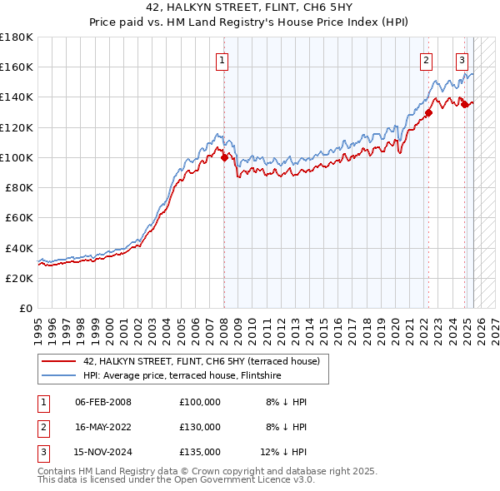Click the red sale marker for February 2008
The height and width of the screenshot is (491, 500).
[x=224, y=157]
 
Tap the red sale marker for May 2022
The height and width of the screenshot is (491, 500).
[x=427, y=112]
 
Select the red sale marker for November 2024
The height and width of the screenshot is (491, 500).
[x=464, y=105]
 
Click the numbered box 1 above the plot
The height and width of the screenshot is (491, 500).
[x=223, y=59]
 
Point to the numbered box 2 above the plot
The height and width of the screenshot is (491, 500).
[x=426, y=59]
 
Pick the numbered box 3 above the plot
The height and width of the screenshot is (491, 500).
[x=462, y=59]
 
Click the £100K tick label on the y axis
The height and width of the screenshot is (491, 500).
[x=17, y=157]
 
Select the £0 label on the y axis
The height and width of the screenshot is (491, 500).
[x=27, y=308]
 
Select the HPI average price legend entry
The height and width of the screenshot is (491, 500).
[x=182, y=376]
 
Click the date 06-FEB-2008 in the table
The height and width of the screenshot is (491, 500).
[x=102, y=402]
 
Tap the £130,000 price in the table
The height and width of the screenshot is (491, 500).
[x=200, y=427]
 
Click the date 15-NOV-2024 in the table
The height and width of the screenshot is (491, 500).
[x=103, y=453]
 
